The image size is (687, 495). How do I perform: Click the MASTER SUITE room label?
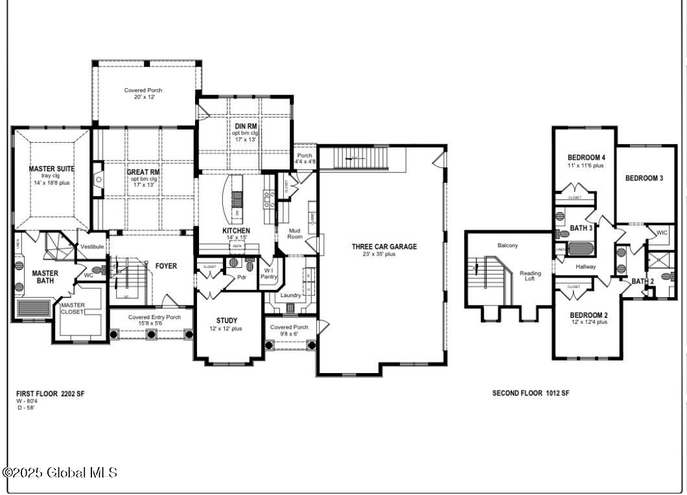(52, 169)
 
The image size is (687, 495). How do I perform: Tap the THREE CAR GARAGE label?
(384, 247)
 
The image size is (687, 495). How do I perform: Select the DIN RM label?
(246, 126)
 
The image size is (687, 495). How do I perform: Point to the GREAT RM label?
(144, 172)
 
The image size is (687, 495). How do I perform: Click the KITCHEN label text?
(236, 231)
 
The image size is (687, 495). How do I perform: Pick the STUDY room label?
(227, 320)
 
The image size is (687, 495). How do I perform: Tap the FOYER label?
(166, 266)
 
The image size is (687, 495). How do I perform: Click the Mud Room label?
(295, 233)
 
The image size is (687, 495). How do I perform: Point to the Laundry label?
(290, 295)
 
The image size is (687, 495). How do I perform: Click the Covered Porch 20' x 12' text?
(143, 90)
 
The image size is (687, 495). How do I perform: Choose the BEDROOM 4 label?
(587, 158)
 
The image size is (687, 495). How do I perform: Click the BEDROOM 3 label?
(644, 178)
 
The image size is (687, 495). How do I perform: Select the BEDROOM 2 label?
(588, 315)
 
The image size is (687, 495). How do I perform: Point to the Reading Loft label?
(530, 276)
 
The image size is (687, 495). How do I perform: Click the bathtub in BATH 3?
(581, 249)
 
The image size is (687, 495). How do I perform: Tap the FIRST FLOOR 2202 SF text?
(51, 393)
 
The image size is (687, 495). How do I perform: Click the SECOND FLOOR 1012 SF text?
(531, 393)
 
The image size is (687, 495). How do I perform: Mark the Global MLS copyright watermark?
(60, 472)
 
